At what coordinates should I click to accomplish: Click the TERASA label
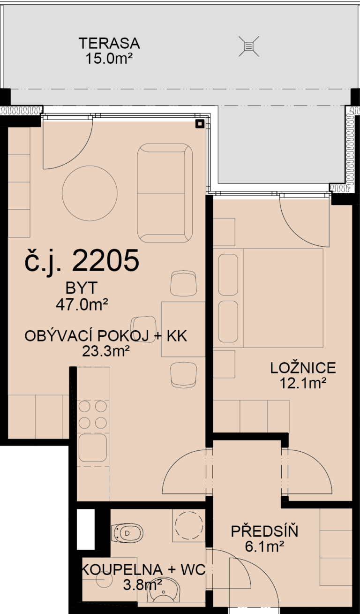tap(109, 43)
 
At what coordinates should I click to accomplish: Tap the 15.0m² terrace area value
tap(109, 58)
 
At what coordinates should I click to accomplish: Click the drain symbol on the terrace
tap(248, 46)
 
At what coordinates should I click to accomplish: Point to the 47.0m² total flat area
tap(82, 304)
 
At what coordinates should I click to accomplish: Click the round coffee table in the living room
tap(90, 193)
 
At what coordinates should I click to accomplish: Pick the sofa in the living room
tap(165, 193)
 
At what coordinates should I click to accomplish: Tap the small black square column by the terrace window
tap(200, 124)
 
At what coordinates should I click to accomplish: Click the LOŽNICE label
tap(303, 368)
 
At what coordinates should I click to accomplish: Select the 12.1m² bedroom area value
tap(303, 383)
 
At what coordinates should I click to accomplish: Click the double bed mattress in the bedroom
tap(283, 298)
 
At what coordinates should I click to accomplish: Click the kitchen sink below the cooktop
tap(93, 447)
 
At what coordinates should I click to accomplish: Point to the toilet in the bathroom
tap(127, 533)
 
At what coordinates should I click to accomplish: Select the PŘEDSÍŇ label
tap(264, 531)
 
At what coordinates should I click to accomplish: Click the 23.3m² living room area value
tap(106, 351)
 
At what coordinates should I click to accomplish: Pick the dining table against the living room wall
tap(183, 329)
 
